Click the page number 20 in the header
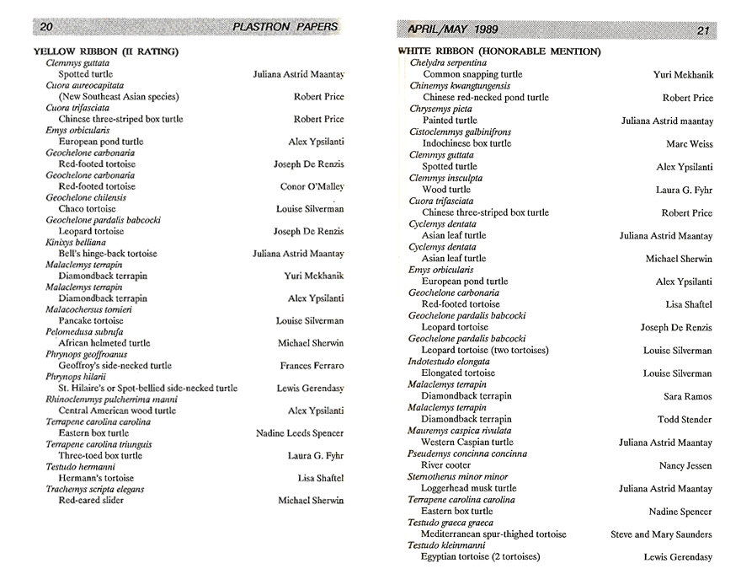tap(47, 26)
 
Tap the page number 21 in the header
tap(705, 30)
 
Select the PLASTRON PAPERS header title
tap(285, 26)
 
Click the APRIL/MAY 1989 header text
tap(452, 30)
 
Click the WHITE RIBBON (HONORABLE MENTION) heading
tap(498, 51)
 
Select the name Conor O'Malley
tap(312, 186)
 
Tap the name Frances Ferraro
tap(312, 366)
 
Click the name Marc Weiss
tap(689, 144)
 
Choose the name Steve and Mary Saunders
tap(661, 534)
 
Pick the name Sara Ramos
tap(688, 397)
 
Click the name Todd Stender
tap(685, 420)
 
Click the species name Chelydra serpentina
tap(448, 63)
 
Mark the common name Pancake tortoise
tap(91, 321)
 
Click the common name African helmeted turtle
tap(104, 344)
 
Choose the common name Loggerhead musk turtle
tap(469, 488)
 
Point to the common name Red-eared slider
tap(91, 501)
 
